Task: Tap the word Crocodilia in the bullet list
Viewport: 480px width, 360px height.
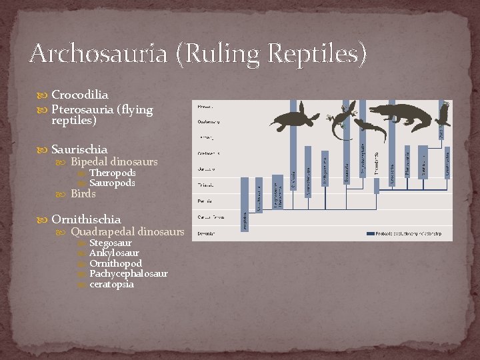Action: point(80,95)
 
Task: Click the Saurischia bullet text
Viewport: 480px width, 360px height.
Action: point(79,149)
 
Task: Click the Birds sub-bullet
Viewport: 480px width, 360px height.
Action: point(83,194)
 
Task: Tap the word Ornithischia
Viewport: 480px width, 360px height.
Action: point(86,219)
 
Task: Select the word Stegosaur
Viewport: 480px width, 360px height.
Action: point(110,243)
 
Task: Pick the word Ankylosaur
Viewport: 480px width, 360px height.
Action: point(114,253)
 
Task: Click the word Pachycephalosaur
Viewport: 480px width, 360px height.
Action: point(128,273)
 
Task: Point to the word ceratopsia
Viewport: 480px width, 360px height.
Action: point(111,284)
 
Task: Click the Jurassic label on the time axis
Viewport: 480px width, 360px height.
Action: point(206,169)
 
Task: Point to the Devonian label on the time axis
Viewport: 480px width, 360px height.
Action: point(207,232)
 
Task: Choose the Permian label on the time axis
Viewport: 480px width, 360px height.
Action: point(205,200)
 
